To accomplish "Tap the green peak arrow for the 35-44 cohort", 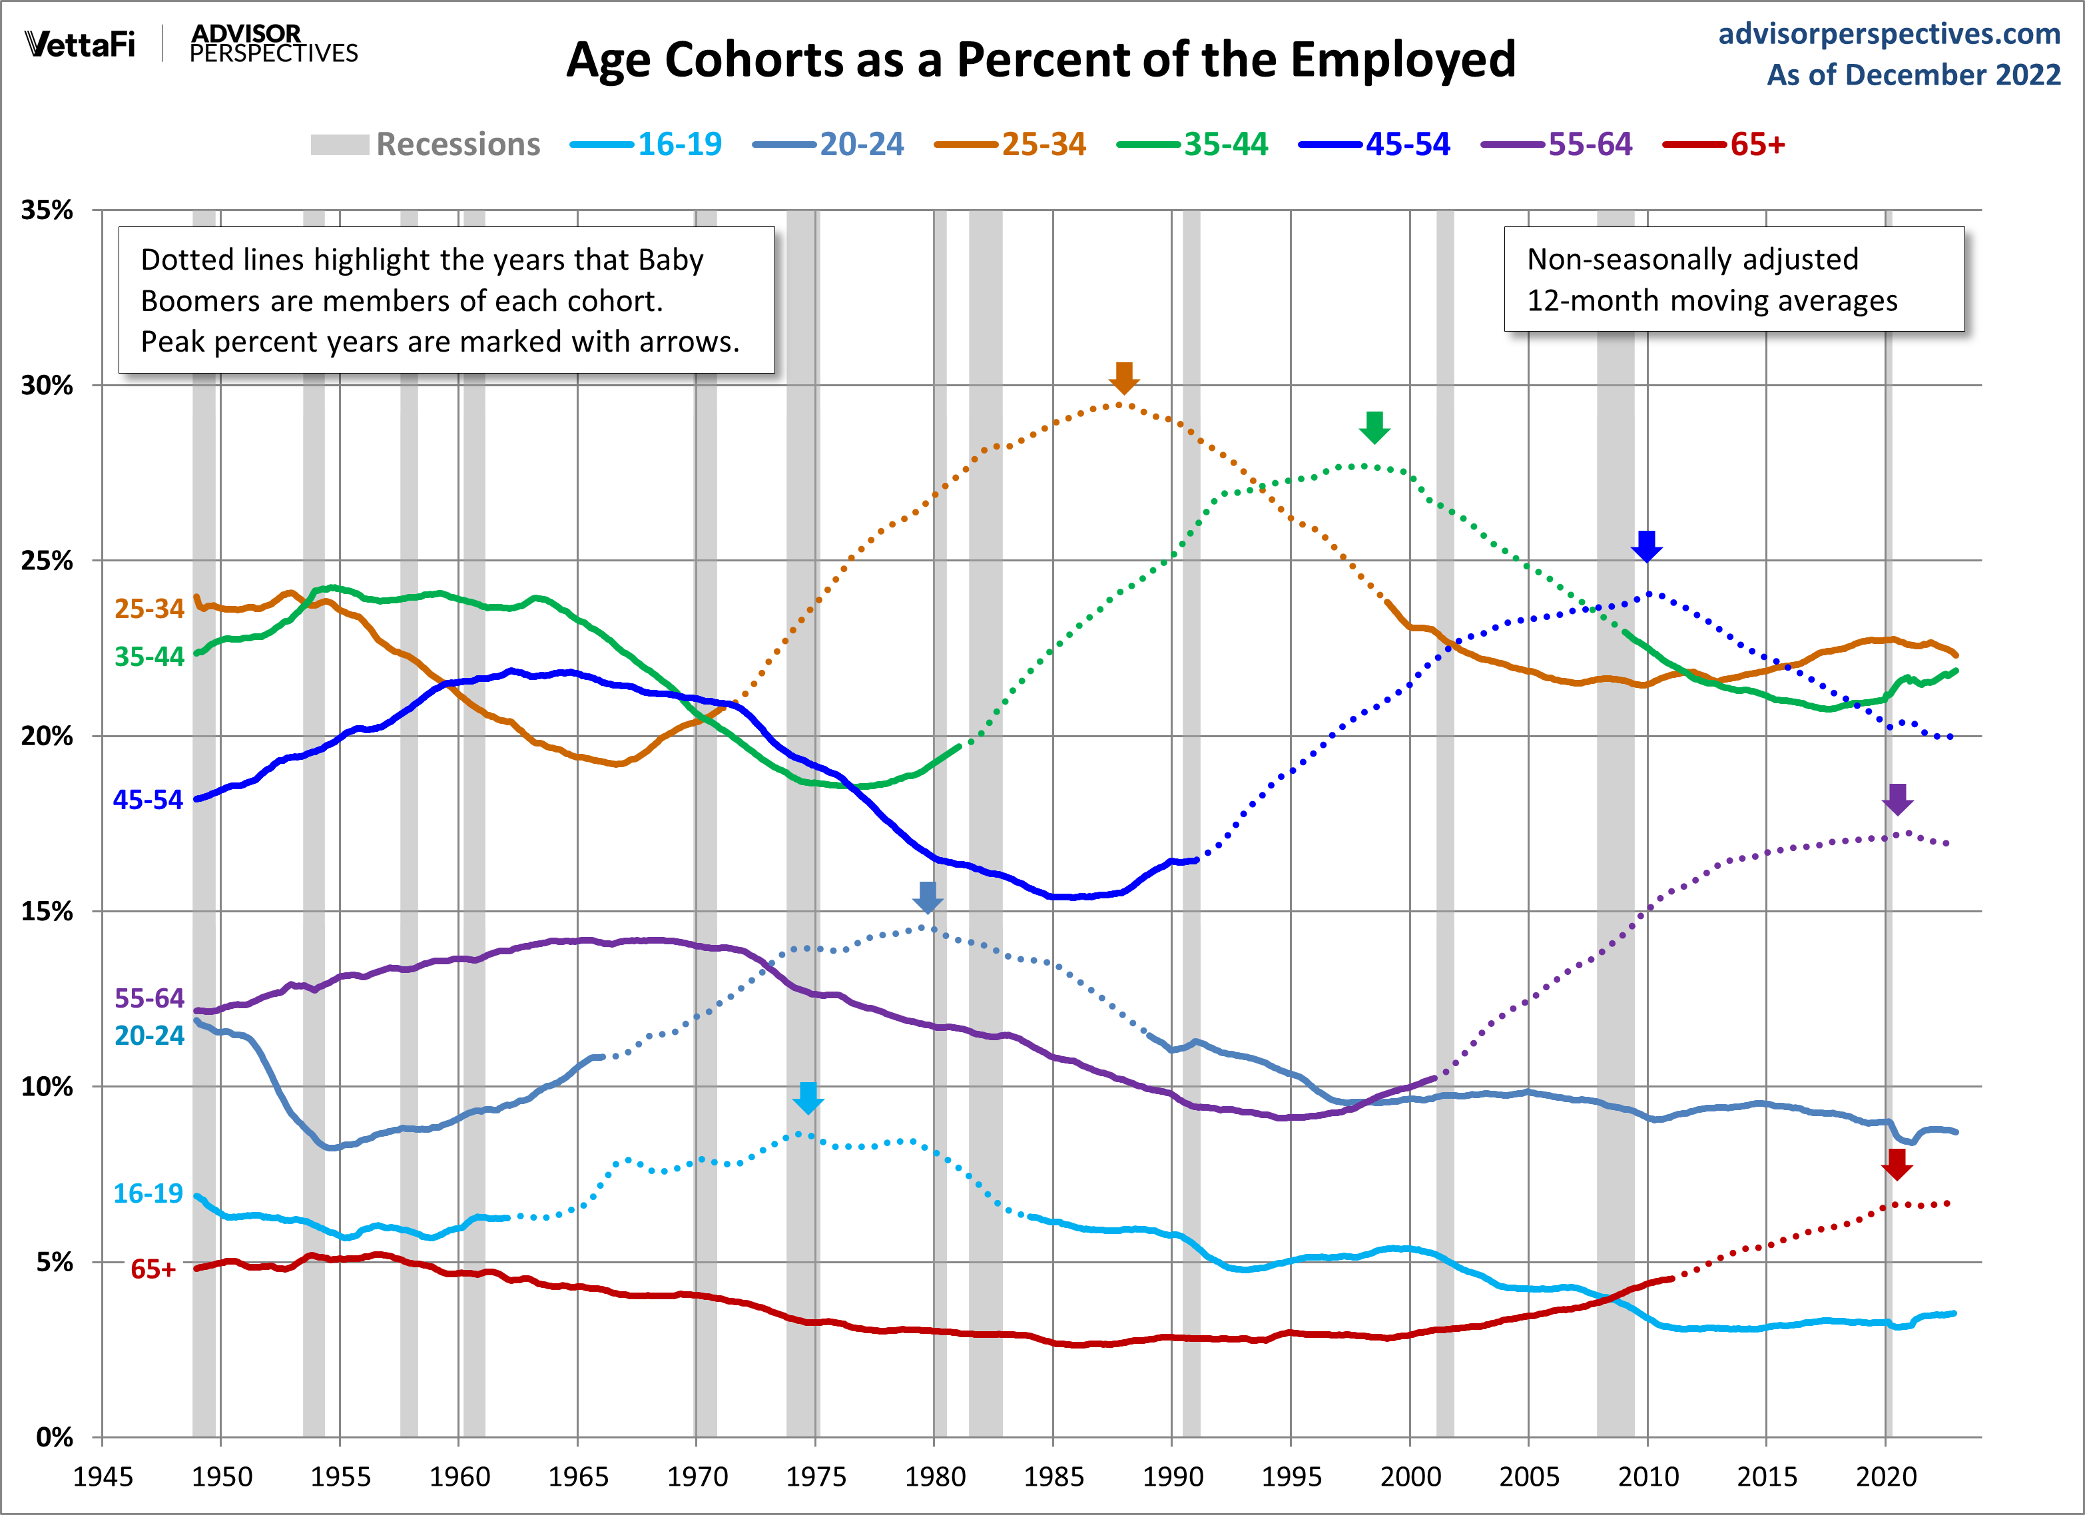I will click(1374, 428).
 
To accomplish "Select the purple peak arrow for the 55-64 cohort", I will click(1897, 799).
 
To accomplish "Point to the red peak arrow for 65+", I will click(1897, 1165).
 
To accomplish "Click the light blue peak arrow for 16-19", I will click(808, 1097).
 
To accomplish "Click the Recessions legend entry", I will click(457, 145).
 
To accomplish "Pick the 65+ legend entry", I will click(1757, 145).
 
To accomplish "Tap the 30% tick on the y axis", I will click(48, 385).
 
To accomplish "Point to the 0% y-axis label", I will click(54, 1437).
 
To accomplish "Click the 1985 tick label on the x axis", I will click(1053, 1477).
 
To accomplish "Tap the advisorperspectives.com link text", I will click(1889, 34).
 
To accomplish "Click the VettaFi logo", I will click(81, 44).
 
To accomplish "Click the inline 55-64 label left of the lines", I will click(149, 998).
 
